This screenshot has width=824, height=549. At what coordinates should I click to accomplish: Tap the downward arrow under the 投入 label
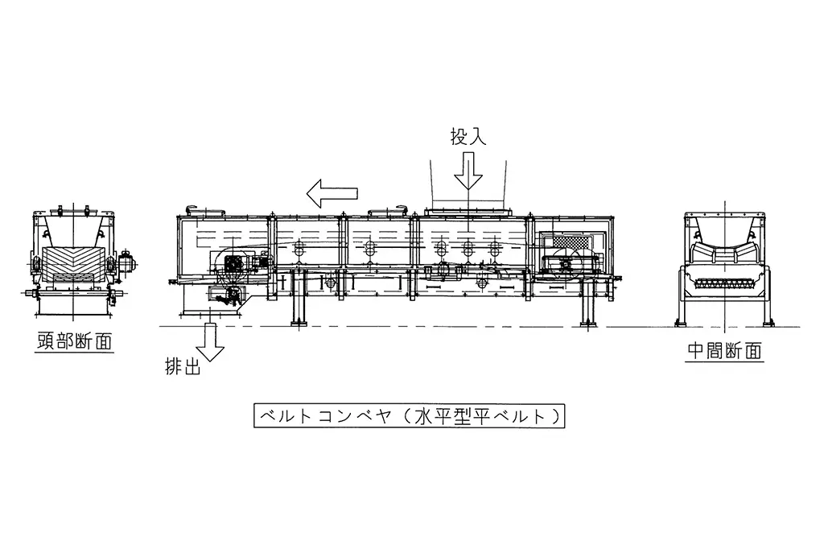click(x=468, y=171)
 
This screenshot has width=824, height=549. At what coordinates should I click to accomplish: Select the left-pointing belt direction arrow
click(x=332, y=192)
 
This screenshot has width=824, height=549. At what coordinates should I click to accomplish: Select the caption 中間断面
click(x=725, y=351)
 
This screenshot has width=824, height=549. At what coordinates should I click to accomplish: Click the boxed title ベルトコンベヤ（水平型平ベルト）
click(x=409, y=416)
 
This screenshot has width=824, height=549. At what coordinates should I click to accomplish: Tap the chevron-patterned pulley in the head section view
click(x=72, y=261)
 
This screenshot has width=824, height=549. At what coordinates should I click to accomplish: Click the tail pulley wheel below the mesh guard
click(x=566, y=264)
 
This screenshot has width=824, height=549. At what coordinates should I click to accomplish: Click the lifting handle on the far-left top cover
click(x=192, y=207)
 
